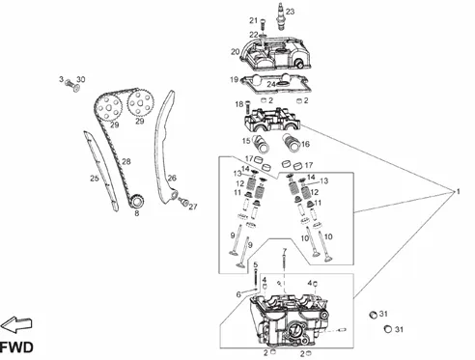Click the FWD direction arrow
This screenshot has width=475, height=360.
click(x=16, y=324)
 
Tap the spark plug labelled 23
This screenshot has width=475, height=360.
click(x=280, y=16)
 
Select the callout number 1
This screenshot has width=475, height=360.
click(x=459, y=192)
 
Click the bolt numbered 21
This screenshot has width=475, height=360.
click(x=263, y=25)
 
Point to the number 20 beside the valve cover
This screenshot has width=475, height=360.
click(x=236, y=51)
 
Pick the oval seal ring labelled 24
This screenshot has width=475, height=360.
click(x=282, y=84)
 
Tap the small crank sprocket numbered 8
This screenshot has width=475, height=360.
click(x=137, y=202)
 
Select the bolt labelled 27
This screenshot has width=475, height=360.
click(x=184, y=202)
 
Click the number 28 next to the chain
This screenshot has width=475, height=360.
click(x=126, y=161)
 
